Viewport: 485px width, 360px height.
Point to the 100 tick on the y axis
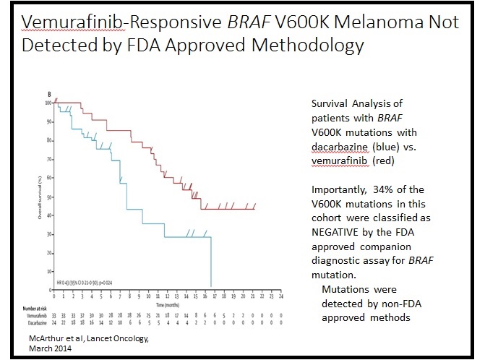pyautogui.click(x=49, y=103)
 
